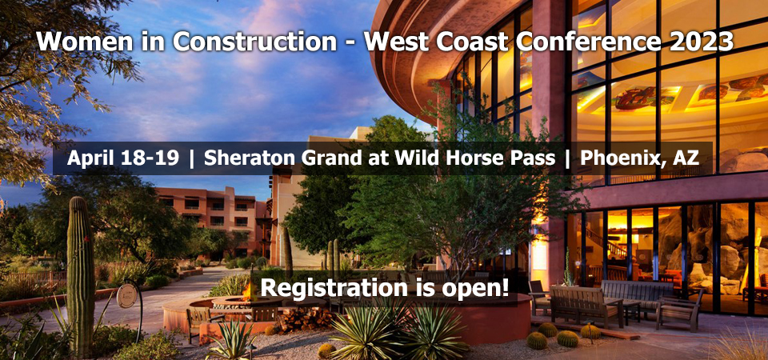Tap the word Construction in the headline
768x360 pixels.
[254, 42]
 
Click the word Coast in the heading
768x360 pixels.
[470, 42]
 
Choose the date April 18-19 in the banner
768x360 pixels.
[123, 158]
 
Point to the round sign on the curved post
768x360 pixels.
[126, 295]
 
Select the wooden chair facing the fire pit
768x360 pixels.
[202, 321]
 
